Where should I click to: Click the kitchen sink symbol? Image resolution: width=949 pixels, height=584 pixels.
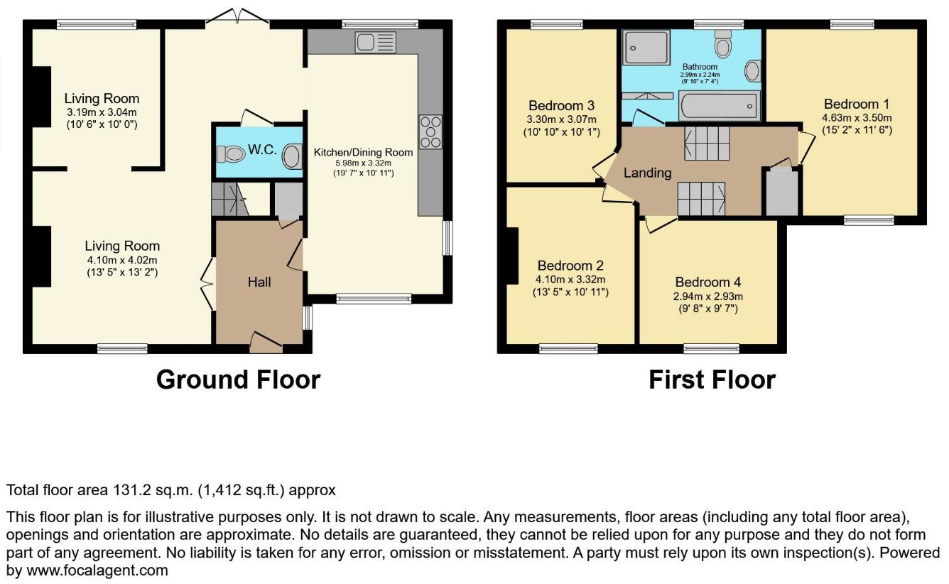coord(375,43)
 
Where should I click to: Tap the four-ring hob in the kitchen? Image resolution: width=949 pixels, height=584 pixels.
coord(430,132)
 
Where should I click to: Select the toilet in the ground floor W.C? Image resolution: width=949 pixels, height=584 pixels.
coord(231,154)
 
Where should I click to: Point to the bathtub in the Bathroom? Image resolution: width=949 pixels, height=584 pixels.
coord(719,106)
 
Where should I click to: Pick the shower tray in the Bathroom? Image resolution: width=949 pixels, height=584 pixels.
coord(646,48)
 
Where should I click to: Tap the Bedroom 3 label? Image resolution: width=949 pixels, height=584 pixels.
coord(561,105)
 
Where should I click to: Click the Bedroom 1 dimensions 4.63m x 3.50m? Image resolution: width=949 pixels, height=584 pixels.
coord(857,118)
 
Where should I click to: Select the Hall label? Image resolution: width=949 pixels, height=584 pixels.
coord(259,282)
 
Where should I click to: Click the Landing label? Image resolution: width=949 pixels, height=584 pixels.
coord(647,173)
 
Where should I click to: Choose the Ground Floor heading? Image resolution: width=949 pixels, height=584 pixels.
coord(239,379)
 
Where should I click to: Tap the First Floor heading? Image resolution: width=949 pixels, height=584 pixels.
coord(712,379)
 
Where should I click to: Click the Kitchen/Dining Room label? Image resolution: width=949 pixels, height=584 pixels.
coord(363,152)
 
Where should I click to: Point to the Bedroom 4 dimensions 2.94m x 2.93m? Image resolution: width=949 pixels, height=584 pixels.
coord(708,296)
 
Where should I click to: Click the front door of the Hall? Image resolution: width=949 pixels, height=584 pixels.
coord(266,342)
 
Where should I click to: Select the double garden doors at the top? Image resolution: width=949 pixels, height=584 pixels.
coord(237,16)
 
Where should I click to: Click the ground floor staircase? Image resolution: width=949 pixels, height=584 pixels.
coord(229,199)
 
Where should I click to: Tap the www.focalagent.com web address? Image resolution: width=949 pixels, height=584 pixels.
coord(97,571)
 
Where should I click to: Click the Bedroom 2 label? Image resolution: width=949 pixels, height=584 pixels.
coord(570,265)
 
